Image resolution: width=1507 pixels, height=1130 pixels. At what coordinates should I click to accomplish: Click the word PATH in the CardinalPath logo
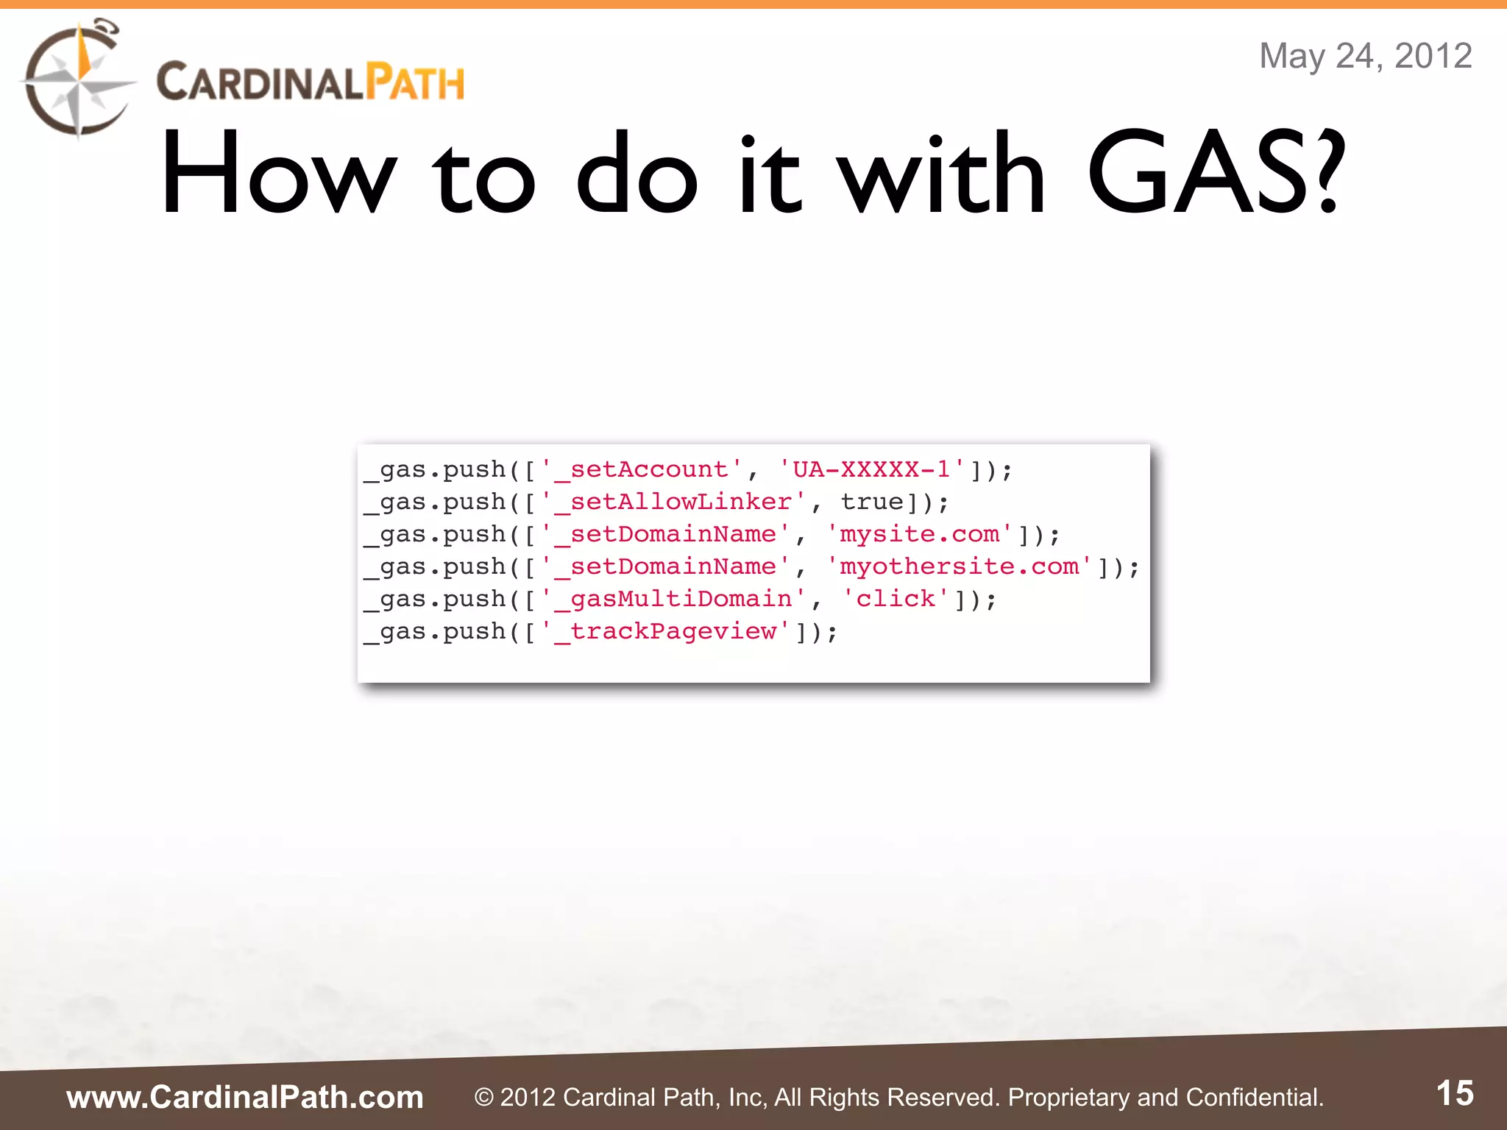click(416, 82)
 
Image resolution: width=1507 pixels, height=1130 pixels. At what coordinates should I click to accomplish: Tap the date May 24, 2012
click(1365, 56)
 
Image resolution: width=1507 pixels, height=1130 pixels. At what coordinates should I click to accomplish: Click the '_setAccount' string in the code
click(641, 469)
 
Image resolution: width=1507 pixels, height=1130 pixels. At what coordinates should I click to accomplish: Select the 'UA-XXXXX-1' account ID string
click(871, 469)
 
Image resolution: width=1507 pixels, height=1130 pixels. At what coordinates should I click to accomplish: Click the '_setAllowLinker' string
click(673, 502)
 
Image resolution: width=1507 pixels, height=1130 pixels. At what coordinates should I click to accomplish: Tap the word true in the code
click(871, 502)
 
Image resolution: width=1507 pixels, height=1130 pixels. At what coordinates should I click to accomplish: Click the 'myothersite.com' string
click(959, 566)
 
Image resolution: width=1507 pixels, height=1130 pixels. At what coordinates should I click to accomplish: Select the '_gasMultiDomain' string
click(673, 599)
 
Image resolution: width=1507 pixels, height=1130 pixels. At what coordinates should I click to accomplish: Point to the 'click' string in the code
click(895, 599)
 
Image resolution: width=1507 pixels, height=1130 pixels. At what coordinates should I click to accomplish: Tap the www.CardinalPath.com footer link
click(245, 1097)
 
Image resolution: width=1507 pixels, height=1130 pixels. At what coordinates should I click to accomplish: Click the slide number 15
click(1455, 1093)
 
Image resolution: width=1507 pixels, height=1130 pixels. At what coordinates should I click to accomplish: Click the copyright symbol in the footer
click(483, 1098)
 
